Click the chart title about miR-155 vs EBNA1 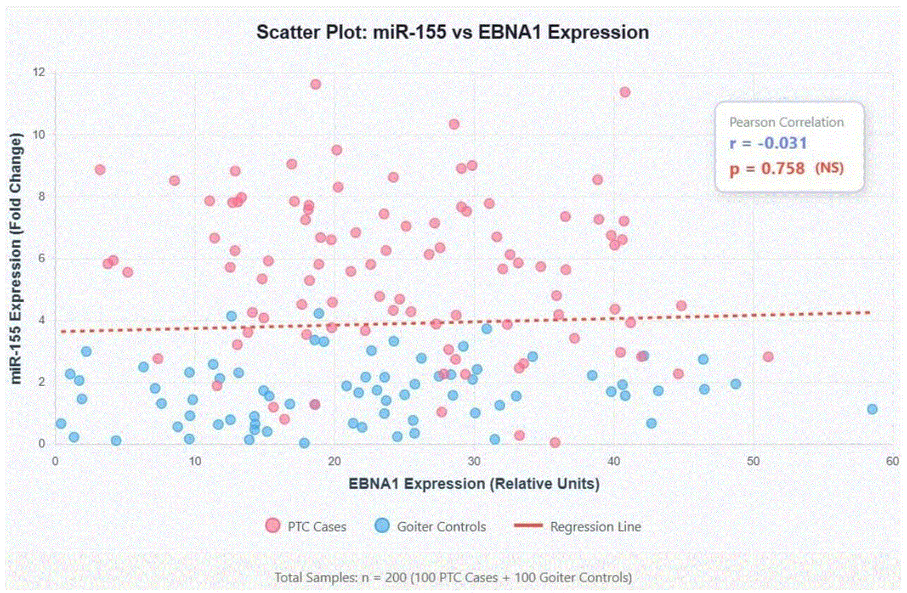pyautogui.click(x=453, y=32)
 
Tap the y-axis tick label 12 pyautogui.click(x=39, y=72)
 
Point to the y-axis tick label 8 pyautogui.click(x=42, y=196)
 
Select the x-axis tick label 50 pyautogui.click(x=753, y=461)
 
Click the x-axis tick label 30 pyautogui.click(x=474, y=461)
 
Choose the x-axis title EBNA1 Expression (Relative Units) pyautogui.click(x=474, y=484)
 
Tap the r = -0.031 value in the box pyautogui.click(x=768, y=143)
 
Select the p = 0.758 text pyautogui.click(x=767, y=168)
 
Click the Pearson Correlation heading pyautogui.click(x=786, y=122)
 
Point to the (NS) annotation pyautogui.click(x=829, y=168)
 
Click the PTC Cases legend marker pyautogui.click(x=273, y=526)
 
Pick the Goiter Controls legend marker pyautogui.click(x=382, y=526)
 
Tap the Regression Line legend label pyautogui.click(x=596, y=527)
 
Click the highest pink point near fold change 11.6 pyautogui.click(x=316, y=84)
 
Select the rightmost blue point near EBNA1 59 pyautogui.click(x=872, y=409)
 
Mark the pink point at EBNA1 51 pyautogui.click(x=768, y=357)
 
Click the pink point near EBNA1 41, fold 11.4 pyautogui.click(x=625, y=92)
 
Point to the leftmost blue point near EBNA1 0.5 pyautogui.click(x=61, y=423)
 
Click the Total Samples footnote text pyautogui.click(x=453, y=577)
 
